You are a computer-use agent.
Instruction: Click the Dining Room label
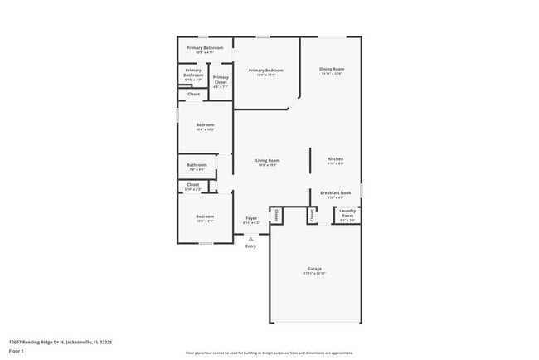pos(333,69)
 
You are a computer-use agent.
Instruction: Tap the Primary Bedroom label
pos(266,71)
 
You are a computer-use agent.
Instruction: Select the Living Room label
pos(267,160)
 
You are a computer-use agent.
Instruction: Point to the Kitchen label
pos(336,158)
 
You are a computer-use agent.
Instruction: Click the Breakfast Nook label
pos(336,193)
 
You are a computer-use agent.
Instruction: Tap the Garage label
pos(314,269)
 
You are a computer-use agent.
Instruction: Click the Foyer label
pos(250,218)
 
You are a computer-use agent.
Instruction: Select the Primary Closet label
pos(221,78)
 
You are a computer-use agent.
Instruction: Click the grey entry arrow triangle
pos(250,239)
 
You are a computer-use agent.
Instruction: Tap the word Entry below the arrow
pos(250,246)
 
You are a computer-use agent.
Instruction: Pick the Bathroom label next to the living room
pos(197,165)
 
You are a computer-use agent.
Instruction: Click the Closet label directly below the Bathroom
pos(192,185)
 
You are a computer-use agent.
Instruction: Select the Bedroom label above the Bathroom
pos(205,125)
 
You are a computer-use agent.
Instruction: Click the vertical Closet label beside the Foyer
pos(276,215)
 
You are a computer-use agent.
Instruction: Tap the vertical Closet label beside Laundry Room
pos(312,215)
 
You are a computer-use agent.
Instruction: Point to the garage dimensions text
pos(314,274)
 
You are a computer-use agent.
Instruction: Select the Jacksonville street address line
pos(60,341)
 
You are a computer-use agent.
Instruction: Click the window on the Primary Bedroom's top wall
pos(262,36)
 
